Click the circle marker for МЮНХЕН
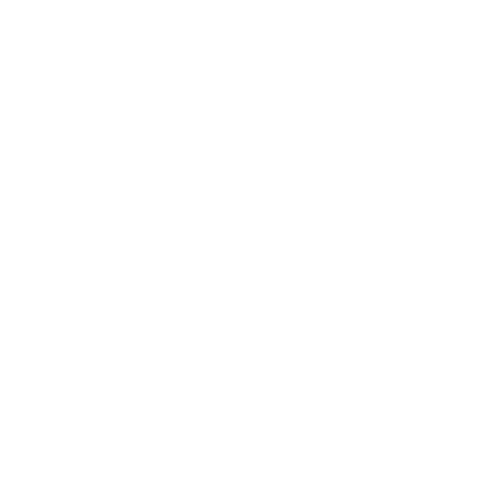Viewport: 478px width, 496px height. click(x=369, y=60)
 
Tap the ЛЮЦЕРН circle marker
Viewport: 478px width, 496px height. click(x=206, y=204)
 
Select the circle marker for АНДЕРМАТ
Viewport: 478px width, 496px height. click(x=138, y=395)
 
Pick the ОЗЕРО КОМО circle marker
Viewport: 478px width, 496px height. click(x=236, y=465)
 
